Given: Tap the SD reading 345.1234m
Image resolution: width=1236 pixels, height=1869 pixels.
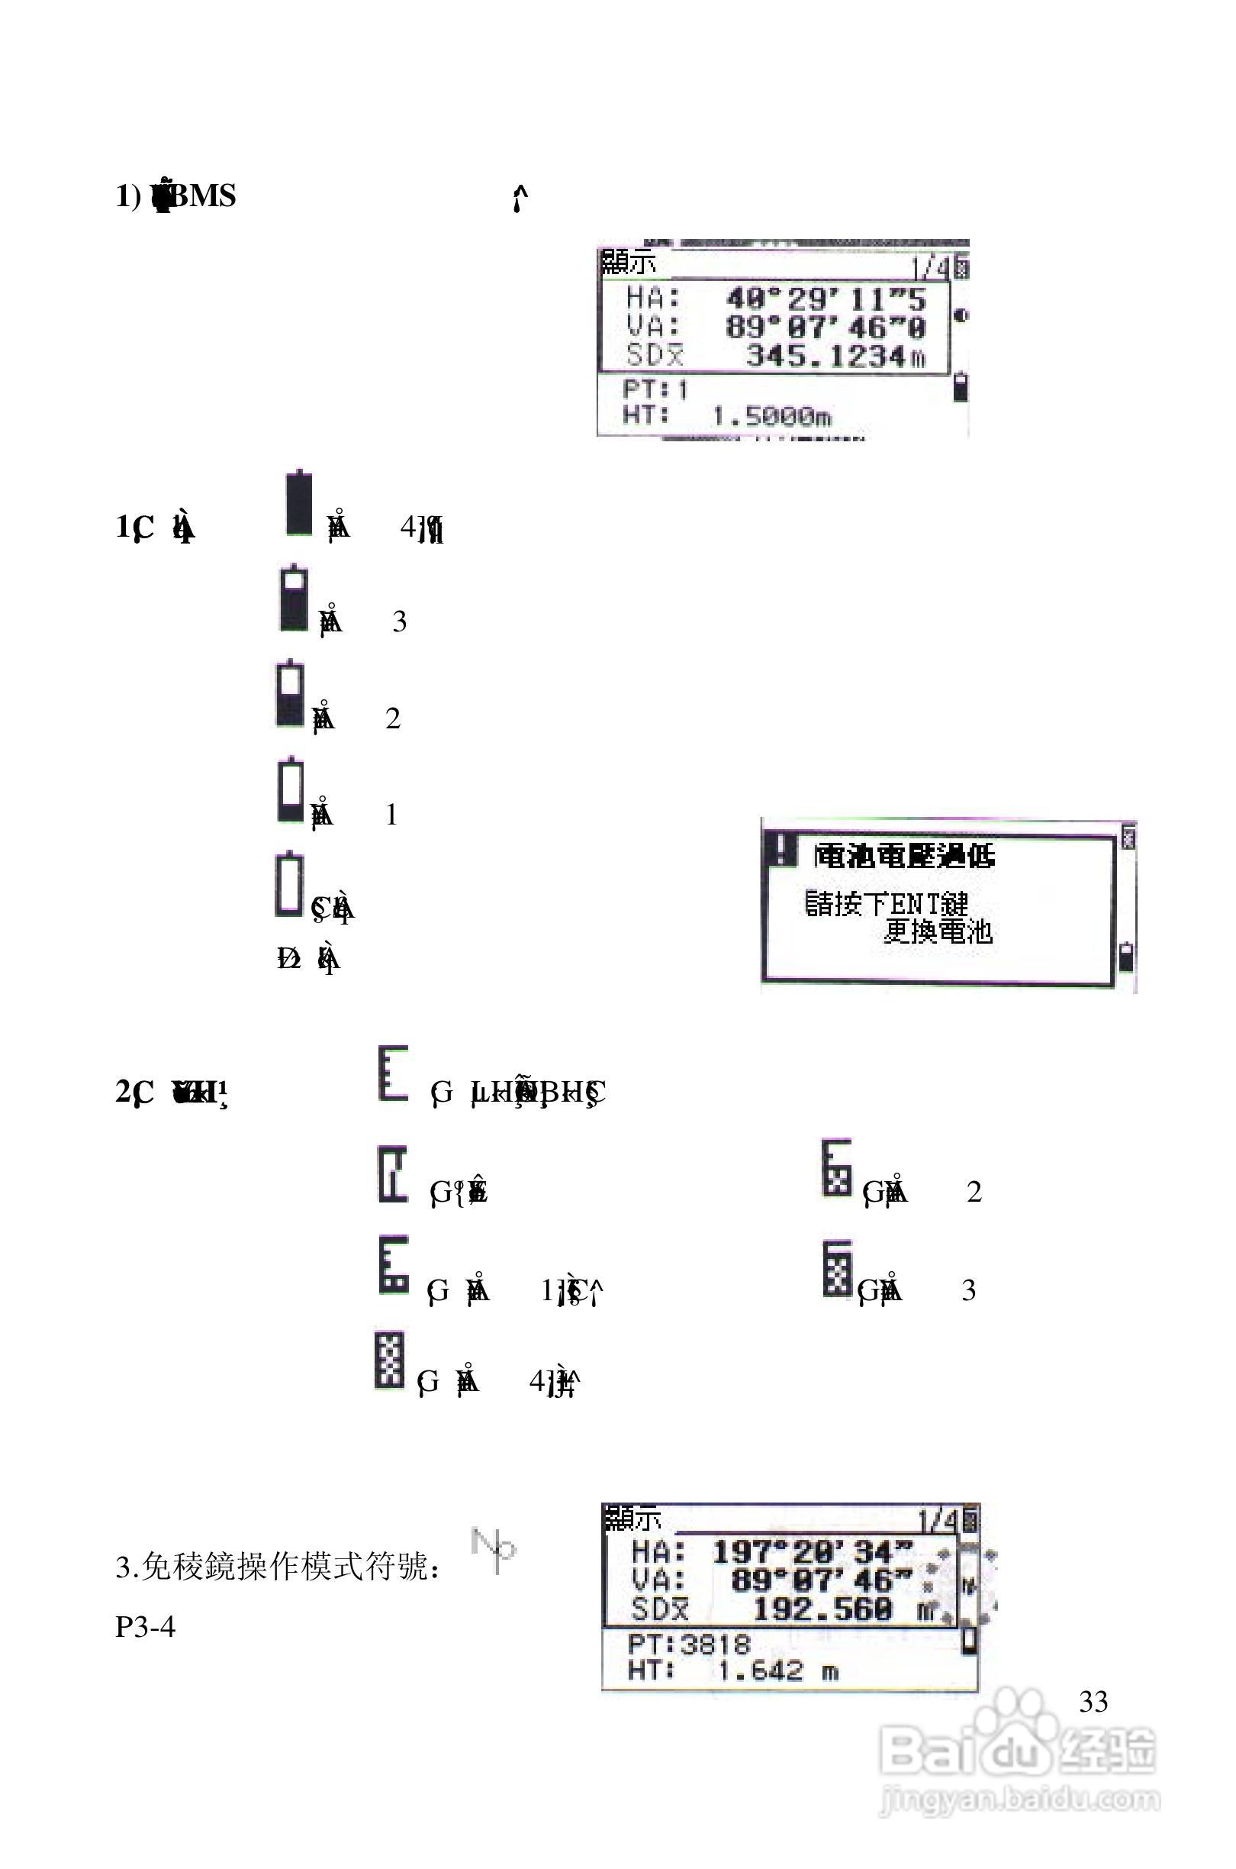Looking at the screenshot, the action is pyautogui.click(x=835, y=357).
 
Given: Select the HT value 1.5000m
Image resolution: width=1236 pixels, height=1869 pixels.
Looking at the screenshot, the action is pyautogui.click(x=771, y=415).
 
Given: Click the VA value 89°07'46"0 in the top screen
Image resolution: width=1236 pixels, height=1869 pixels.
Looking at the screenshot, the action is pyautogui.click(x=826, y=328).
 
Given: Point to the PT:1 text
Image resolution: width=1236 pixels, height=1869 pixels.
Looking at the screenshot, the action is pyautogui.click(x=655, y=389).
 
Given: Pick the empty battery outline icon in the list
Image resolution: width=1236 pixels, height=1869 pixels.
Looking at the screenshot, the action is pyautogui.click(x=289, y=885).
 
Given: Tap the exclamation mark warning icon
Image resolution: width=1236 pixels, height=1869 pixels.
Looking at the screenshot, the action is pyautogui.click(x=781, y=850).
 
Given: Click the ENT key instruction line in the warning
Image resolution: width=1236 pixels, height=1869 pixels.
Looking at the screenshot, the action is pyautogui.click(x=886, y=904).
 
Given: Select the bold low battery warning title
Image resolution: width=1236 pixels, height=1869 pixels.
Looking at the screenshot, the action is pyautogui.click(x=904, y=856).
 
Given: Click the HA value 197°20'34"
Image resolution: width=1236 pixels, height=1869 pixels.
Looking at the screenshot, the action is pyautogui.click(x=812, y=1552).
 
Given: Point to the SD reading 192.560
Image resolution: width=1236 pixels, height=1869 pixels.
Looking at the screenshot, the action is pyautogui.click(x=823, y=1609).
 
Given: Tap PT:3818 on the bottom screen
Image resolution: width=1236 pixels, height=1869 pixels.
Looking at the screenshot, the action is pyautogui.click(x=689, y=1645).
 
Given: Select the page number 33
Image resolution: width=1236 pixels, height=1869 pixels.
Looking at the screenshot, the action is pyautogui.click(x=1093, y=1702).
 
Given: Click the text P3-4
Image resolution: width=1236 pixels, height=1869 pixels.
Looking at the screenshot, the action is pyautogui.click(x=145, y=1626).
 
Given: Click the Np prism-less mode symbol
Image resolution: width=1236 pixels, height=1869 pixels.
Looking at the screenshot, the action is pyautogui.click(x=494, y=1550).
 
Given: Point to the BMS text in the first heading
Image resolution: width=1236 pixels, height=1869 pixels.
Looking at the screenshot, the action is pyautogui.click(x=204, y=195).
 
